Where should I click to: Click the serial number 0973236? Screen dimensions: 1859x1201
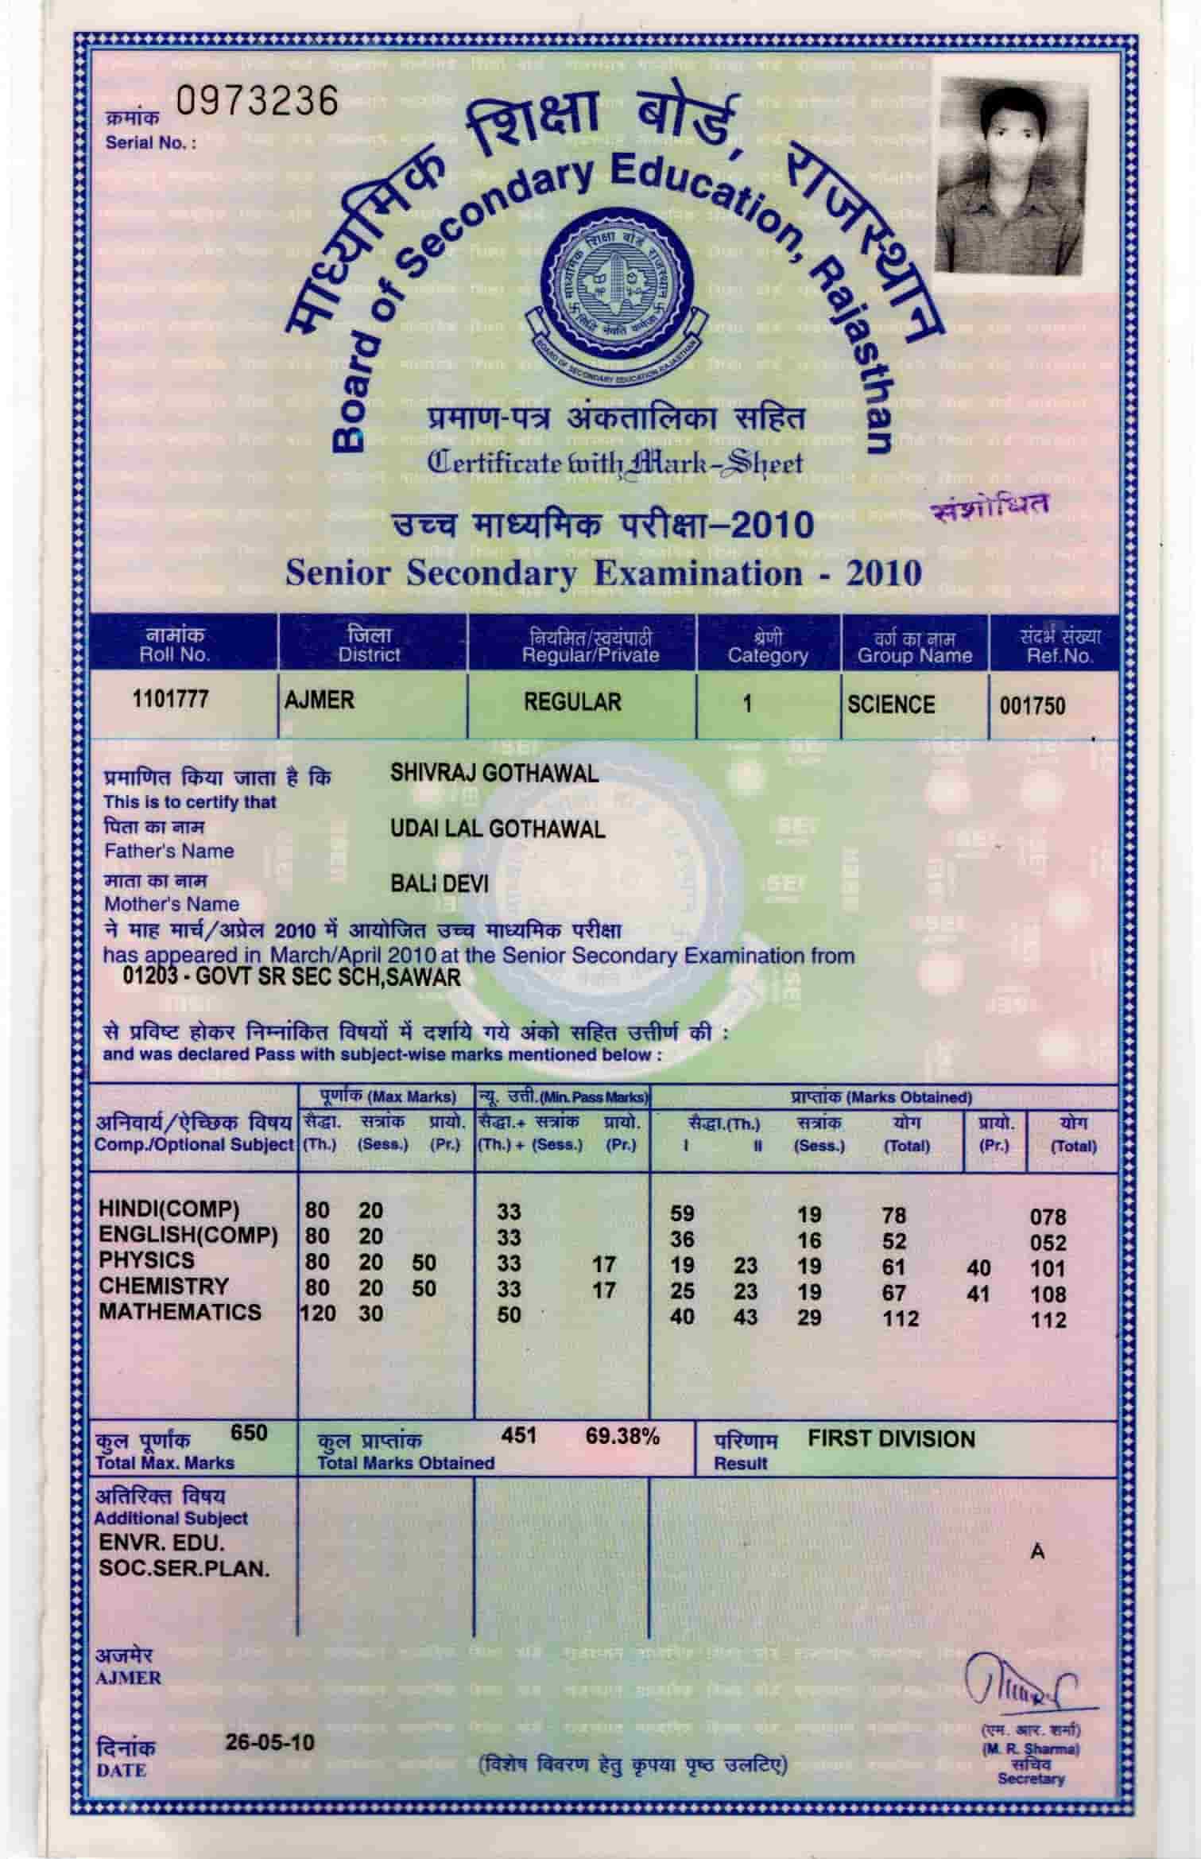(257, 102)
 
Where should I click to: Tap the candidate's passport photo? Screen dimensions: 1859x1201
(1011, 177)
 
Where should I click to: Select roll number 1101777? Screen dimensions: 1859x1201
(170, 700)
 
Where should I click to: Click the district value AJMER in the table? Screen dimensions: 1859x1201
(320, 701)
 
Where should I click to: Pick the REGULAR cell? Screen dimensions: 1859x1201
(572, 702)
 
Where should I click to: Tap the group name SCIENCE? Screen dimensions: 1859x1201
(890, 704)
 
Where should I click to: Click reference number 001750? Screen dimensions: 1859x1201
(1032, 706)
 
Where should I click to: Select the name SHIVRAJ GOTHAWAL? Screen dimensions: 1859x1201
(494, 774)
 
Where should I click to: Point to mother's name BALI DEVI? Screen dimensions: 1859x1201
(440, 883)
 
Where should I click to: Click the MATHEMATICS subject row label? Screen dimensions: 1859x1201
(180, 1312)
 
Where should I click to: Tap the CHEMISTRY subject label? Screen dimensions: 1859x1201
(163, 1286)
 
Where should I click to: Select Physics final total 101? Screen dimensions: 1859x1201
(1048, 1268)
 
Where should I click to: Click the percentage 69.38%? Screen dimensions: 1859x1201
(622, 1437)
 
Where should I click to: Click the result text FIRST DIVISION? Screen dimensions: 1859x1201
(891, 1439)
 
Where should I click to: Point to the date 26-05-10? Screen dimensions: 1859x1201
(269, 1742)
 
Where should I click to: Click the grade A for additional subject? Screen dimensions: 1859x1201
(1038, 1551)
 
